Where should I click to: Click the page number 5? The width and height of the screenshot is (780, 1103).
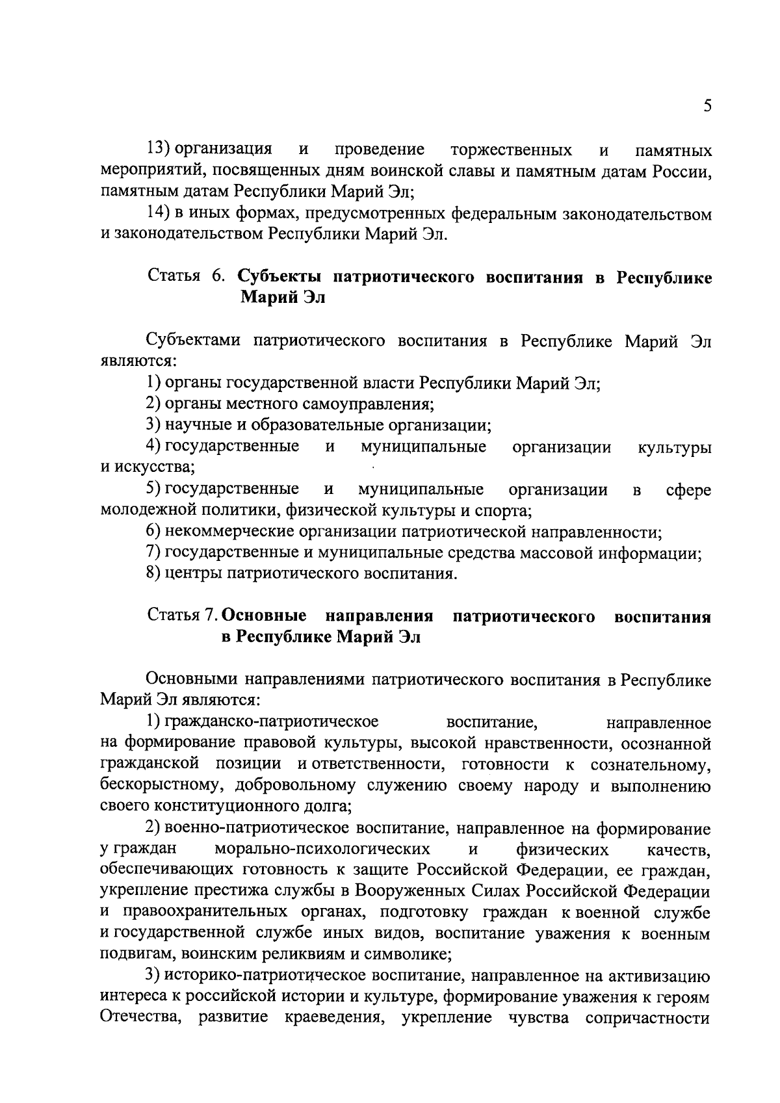pyautogui.click(x=707, y=107)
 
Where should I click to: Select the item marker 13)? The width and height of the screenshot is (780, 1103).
pyautogui.click(x=159, y=149)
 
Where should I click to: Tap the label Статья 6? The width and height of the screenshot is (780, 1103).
pyautogui.click(x=186, y=277)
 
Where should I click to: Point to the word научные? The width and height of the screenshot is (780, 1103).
pyautogui.click(x=196, y=426)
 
